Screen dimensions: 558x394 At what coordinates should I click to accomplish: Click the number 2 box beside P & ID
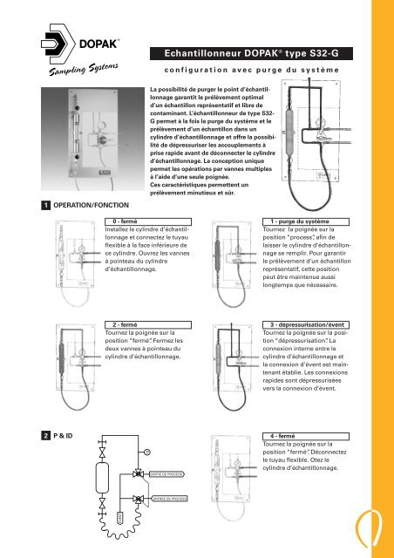tap(8, 433)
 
